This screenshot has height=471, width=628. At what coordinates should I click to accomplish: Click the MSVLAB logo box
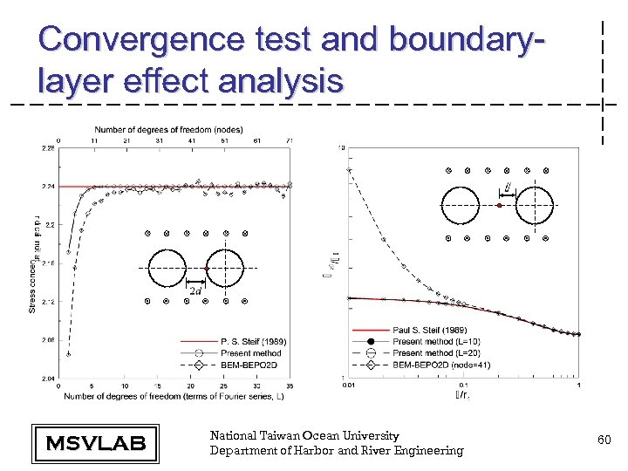point(95,443)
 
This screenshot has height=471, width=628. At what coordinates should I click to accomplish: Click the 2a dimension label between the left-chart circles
point(196,290)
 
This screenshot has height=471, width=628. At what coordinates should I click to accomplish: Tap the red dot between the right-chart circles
point(499,206)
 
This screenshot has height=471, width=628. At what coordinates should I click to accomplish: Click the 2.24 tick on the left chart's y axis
point(49,187)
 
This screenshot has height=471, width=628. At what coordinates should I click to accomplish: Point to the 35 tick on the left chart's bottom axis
point(290,385)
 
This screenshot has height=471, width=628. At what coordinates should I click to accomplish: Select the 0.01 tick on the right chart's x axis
point(349,384)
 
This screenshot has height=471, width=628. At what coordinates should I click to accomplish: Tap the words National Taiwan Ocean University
point(304,435)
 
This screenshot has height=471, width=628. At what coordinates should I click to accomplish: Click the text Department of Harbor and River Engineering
point(337,450)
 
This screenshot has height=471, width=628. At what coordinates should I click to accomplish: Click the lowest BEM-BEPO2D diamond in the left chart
point(68,353)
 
